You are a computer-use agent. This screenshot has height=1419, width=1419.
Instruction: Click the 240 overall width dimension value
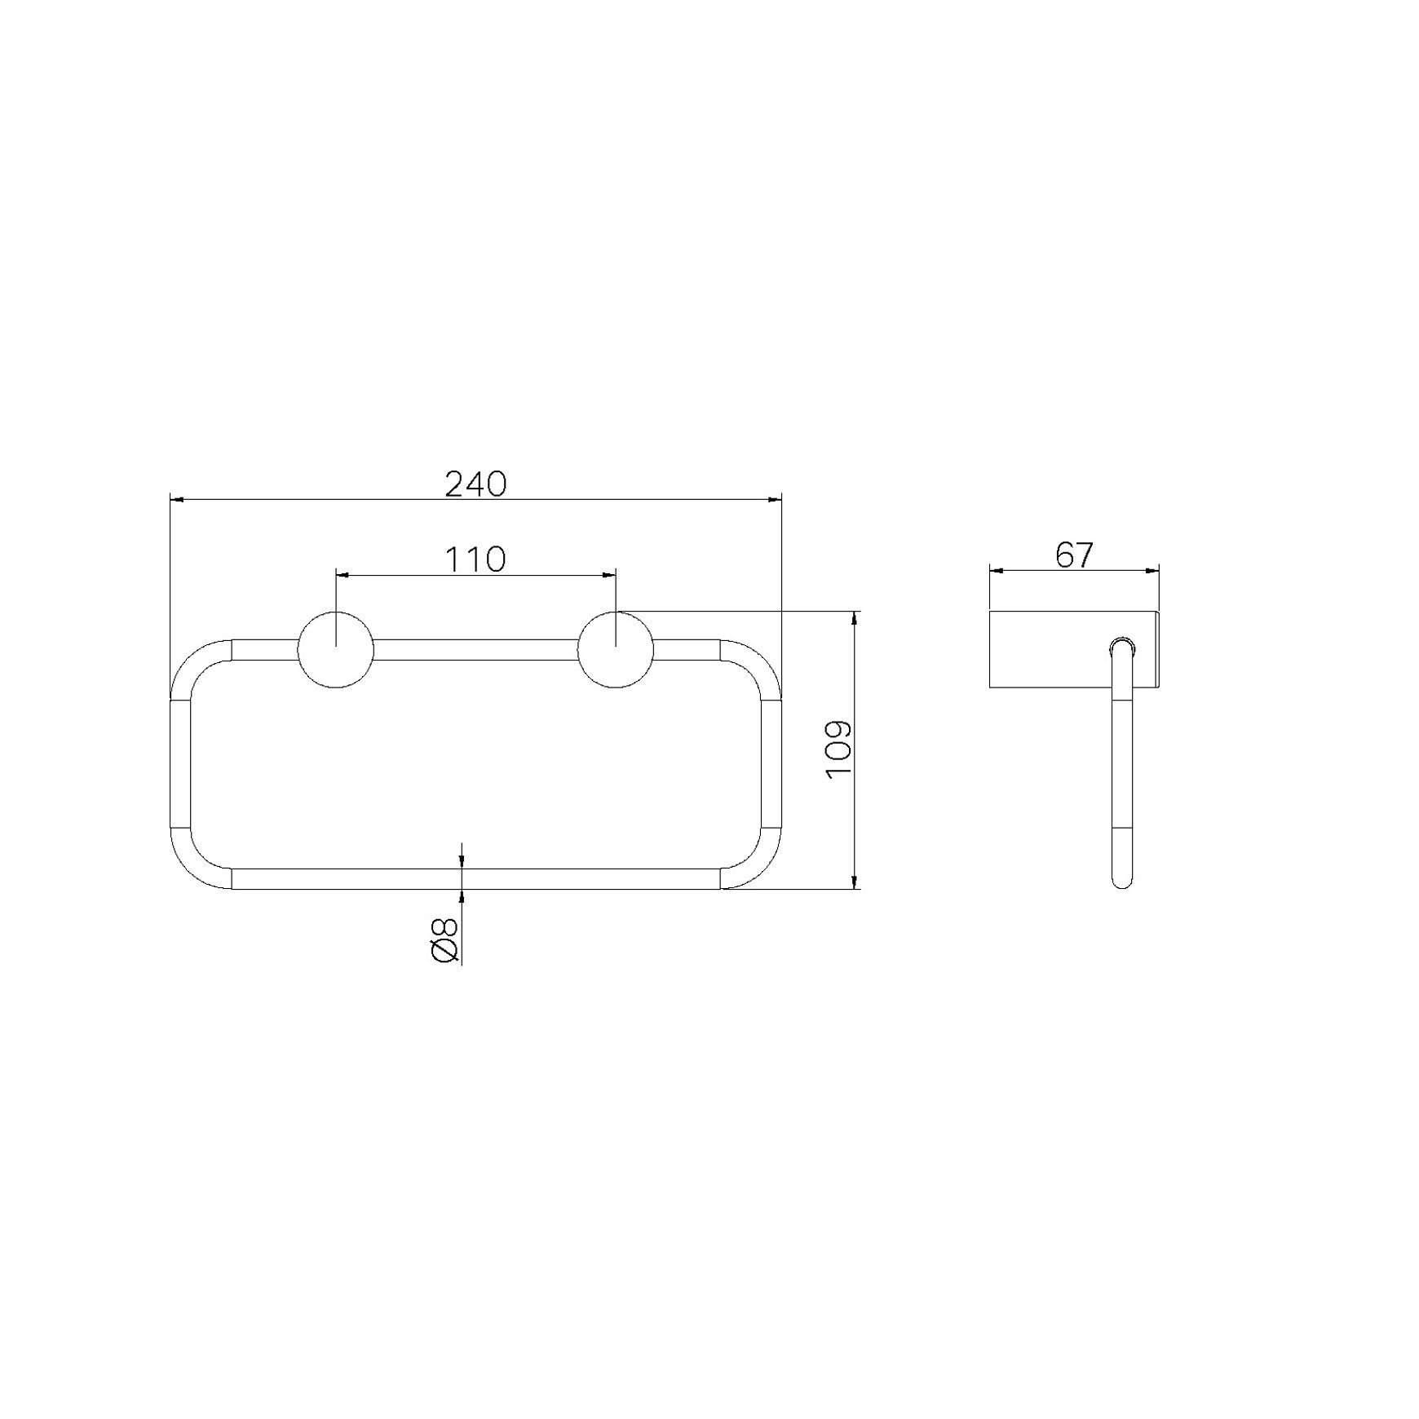coord(475,484)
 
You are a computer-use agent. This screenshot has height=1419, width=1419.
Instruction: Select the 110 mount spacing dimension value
coord(475,559)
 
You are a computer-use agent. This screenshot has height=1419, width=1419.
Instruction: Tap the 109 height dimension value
coord(838,749)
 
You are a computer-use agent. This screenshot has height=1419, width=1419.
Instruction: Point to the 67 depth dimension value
coord(1073,555)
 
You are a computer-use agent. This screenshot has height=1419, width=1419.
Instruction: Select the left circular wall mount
coord(336,649)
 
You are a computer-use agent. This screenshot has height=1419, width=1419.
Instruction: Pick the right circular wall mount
coord(616,649)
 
